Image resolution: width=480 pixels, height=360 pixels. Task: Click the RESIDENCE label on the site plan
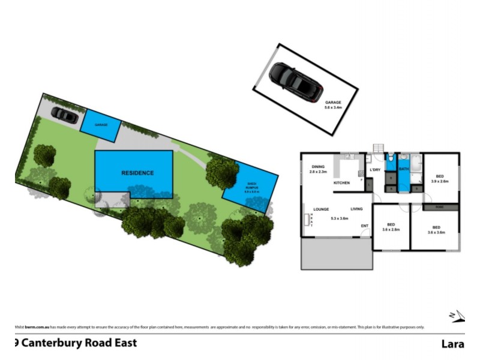coord(137,173)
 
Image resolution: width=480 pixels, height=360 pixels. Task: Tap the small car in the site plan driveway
coord(64,115)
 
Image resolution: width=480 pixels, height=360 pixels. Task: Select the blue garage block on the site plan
coord(100,124)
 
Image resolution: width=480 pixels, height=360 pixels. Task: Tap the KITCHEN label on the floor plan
coord(342,182)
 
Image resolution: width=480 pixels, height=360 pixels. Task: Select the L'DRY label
coord(375,170)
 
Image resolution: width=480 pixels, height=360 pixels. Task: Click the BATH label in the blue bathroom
coord(404,170)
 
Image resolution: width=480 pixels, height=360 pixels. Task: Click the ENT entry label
coord(364,226)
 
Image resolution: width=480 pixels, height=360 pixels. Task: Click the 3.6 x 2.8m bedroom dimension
coord(391,229)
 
